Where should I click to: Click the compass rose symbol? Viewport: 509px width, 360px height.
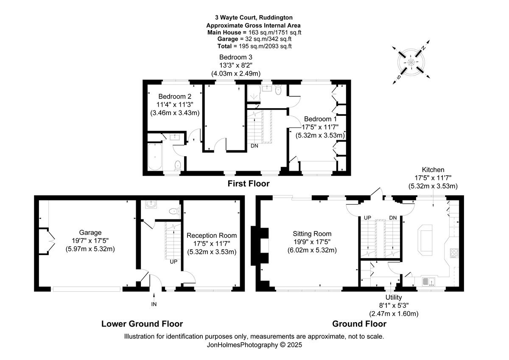pos(411,62)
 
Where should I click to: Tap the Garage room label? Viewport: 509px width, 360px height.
pos(90,233)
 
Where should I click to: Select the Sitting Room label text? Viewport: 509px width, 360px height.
pos(312,233)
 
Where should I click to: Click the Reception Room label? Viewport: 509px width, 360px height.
pos(212,235)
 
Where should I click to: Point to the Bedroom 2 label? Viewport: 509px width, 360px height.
pos(174,96)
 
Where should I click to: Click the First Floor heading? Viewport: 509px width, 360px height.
pos(248,184)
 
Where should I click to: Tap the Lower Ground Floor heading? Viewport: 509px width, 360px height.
pos(142,324)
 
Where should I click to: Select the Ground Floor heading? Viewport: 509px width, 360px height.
pos(359,324)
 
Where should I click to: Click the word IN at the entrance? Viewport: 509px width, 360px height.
pos(154,304)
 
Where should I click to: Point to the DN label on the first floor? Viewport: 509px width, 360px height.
pos(255,146)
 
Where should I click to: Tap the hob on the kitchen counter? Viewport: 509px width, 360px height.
pos(453,253)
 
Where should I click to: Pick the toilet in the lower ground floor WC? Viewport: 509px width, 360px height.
pos(173,211)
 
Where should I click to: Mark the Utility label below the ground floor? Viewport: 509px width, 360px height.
pos(394,298)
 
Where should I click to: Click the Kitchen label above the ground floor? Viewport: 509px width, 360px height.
pos(433,170)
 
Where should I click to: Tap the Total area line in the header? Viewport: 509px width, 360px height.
pos(255,46)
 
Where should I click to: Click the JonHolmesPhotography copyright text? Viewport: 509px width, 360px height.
pos(254,345)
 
